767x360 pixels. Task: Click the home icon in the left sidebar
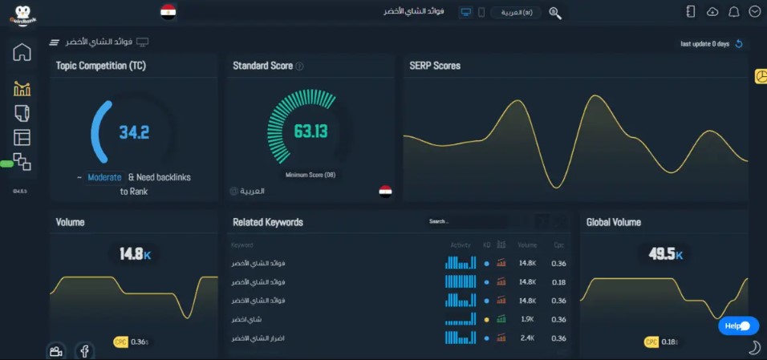pos(22,53)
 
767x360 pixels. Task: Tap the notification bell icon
pos(733,12)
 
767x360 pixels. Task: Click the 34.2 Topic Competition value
pos(134,132)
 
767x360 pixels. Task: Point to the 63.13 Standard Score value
pos(310,131)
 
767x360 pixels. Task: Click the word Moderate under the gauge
pos(104,177)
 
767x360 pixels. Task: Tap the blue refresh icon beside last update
pos(739,44)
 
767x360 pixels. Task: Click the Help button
pos(737,326)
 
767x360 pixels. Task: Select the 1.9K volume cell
pos(527,319)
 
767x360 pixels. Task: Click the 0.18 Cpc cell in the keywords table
pos(559,282)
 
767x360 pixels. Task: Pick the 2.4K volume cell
pos(527,338)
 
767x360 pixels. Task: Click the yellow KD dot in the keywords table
pos(486,319)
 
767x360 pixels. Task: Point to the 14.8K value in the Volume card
pos(135,254)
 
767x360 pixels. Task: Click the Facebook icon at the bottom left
pos(84,350)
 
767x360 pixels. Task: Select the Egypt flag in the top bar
pos(168,12)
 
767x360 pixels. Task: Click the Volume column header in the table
pos(527,245)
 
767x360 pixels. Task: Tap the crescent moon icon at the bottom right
pos(754,347)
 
